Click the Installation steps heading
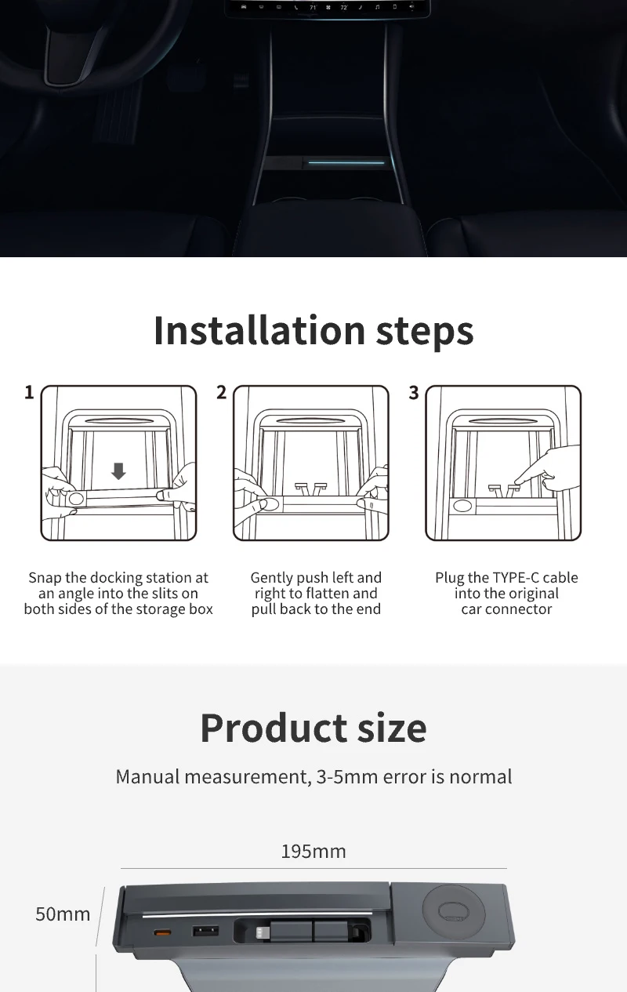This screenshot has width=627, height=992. tap(313, 330)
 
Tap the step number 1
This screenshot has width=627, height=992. tap(29, 392)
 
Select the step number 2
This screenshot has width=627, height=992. tap(221, 392)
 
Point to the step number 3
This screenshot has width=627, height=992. tap(414, 393)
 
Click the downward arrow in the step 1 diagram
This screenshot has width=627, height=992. tap(118, 471)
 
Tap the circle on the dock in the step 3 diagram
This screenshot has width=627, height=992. tap(462, 505)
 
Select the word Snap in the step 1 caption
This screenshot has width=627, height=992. tap(45, 578)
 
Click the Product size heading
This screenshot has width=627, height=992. tap(313, 728)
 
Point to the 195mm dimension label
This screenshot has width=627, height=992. tap(313, 851)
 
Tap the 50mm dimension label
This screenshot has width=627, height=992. tap(63, 914)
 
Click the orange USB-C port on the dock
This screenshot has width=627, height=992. tap(162, 932)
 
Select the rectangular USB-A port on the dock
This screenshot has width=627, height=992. tap(205, 931)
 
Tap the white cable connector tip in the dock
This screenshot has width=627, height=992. tap(261, 933)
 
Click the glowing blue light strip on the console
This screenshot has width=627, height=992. tap(346, 162)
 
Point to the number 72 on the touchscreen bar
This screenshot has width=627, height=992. tap(344, 8)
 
